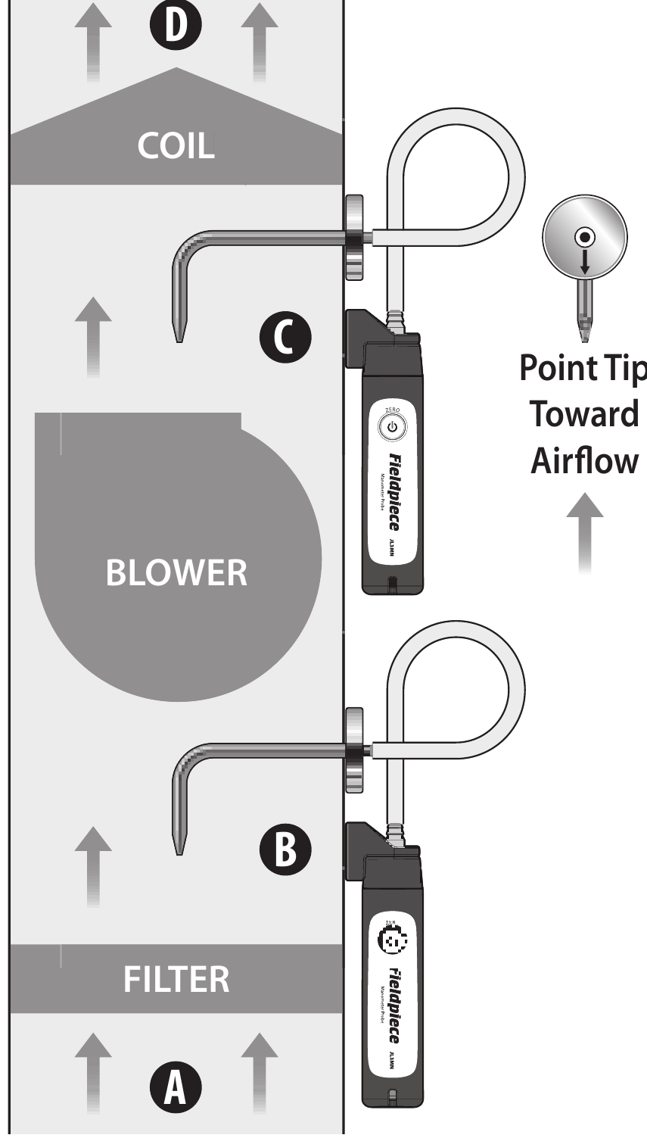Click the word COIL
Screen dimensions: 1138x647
(176, 145)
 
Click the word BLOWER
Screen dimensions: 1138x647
(176, 572)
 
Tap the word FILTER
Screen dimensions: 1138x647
(176, 978)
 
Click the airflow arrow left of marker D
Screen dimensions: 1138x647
(93, 42)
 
